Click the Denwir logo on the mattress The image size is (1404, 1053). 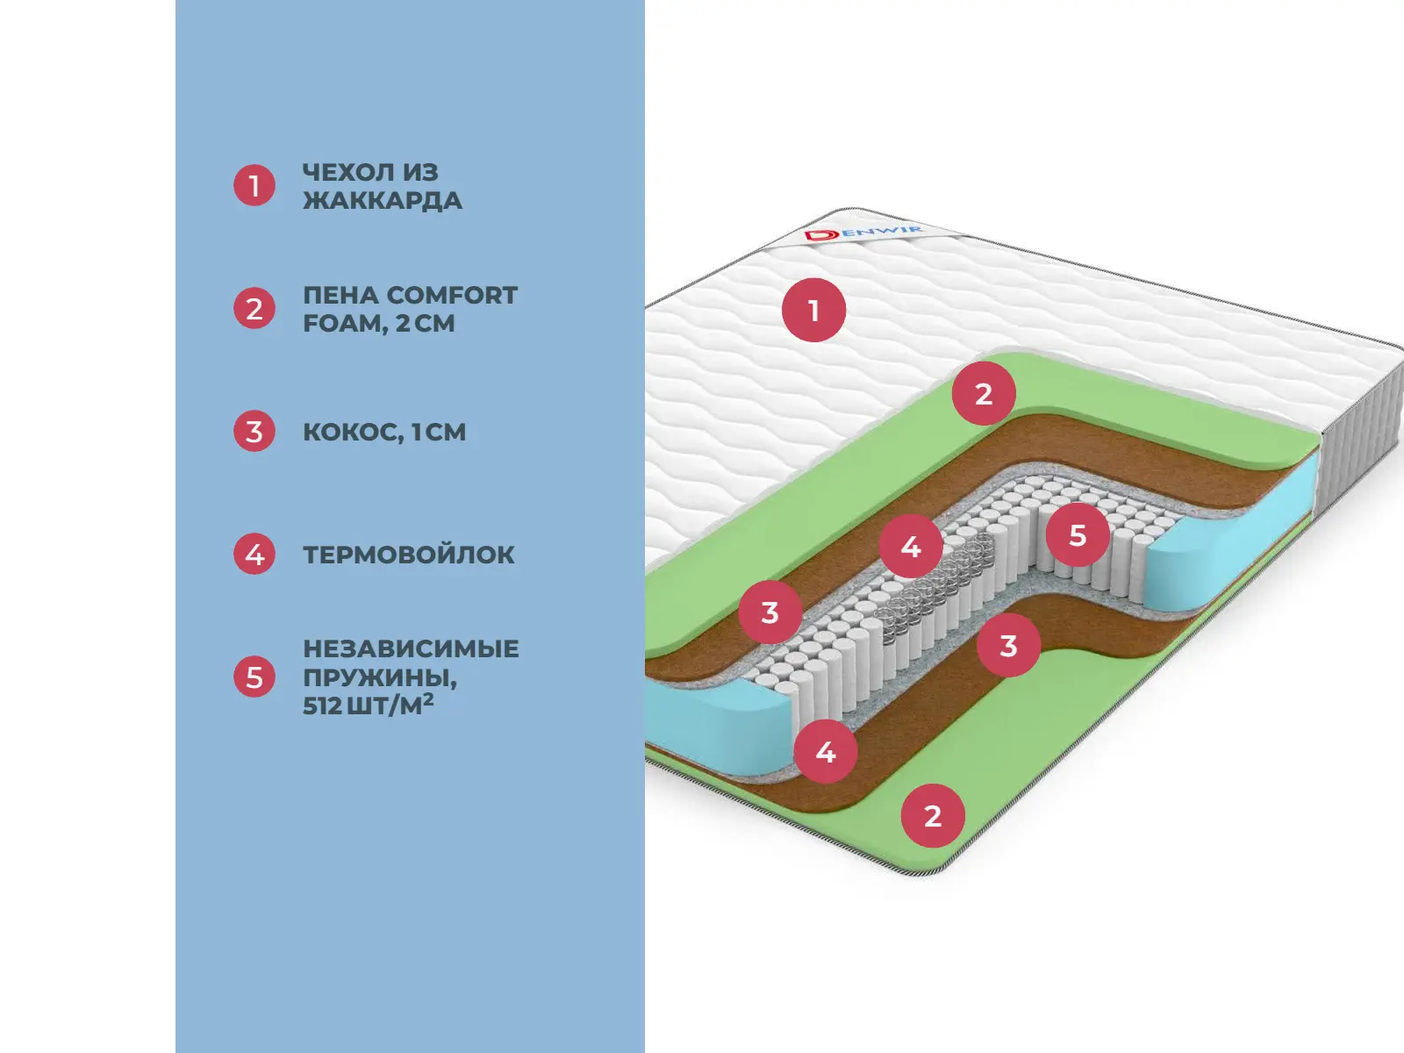[x=863, y=233]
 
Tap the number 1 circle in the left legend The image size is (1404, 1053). [x=254, y=186]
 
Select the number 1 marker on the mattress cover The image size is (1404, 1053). [x=813, y=310]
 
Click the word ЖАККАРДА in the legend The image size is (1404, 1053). [x=383, y=201]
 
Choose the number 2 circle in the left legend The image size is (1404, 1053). [x=254, y=309]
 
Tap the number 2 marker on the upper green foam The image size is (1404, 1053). [x=984, y=394]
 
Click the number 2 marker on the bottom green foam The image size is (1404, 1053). [x=933, y=816]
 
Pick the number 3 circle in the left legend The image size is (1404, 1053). [x=254, y=432]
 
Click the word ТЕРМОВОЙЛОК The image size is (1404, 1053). [x=409, y=555]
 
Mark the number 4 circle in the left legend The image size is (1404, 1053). [x=254, y=555]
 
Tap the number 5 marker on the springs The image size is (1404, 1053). [x=1078, y=535]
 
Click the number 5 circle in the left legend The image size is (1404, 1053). [x=254, y=677]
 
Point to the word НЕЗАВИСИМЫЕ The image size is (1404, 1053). [x=411, y=649]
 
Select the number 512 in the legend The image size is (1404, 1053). [x=322, y=706]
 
